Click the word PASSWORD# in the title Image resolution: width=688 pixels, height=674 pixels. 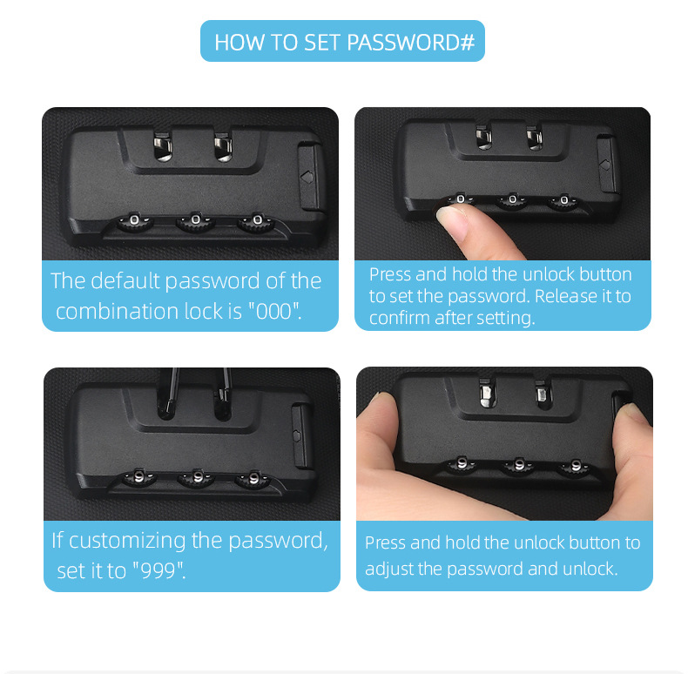point(411,43)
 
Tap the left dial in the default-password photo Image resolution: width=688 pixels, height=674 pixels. point(135,221)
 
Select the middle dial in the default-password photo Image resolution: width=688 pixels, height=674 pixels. point(196,221)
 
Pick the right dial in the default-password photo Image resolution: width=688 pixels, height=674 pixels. point(257,221)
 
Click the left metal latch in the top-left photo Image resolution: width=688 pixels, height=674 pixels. point(162,145)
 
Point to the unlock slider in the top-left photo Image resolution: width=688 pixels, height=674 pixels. point(310,176)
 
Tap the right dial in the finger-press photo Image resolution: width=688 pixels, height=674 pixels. point(563,201)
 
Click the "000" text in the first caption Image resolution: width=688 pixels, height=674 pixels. point(274,312)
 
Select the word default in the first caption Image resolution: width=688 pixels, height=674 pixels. point(125,280)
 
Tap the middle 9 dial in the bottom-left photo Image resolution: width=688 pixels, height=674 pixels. point(197,478)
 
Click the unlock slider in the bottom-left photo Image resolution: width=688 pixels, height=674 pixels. point(302,436)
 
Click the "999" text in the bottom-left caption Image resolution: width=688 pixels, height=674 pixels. point(159,570)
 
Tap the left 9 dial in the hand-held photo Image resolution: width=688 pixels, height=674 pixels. point(462,463)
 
